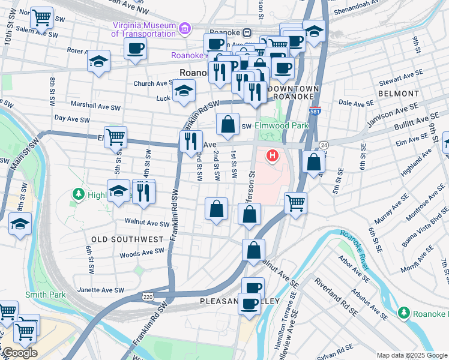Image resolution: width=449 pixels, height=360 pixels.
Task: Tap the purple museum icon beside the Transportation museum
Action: [x=184, y=28]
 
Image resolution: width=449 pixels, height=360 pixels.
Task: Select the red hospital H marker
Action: [x=273, y=157]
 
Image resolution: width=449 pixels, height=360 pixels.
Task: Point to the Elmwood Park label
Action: [x=281, y=126]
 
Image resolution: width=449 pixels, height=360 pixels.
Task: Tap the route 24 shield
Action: [x=324, y=145]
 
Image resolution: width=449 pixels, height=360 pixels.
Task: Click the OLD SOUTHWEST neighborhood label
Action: [x=127, y=239]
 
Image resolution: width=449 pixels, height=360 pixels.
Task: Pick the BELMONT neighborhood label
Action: [x=399, y=94]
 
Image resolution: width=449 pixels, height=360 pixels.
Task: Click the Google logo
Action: [x=19, y=353]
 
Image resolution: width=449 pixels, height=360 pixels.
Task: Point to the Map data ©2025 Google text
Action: [x=411, y=355]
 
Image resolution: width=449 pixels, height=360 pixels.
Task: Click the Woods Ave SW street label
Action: [x=138, y=254]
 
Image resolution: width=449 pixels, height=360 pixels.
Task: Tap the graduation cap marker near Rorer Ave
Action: [x=98, y=61]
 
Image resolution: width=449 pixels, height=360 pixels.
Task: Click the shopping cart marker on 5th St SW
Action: [x=115, y=136]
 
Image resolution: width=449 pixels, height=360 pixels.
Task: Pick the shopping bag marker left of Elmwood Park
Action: [x=228, y=124]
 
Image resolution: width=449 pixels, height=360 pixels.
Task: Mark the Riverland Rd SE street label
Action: [x=334, y=297]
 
